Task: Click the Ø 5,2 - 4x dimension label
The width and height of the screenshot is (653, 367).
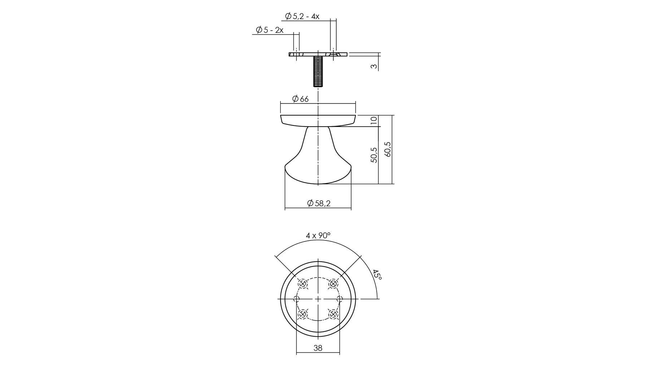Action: coord(302,16)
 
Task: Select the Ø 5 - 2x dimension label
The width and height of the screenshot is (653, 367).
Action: coord(269,30)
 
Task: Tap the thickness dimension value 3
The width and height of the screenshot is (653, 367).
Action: coord(374,66)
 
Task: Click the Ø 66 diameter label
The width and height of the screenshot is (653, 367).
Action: coord(300,99)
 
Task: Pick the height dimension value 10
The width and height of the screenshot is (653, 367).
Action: coord(374,120)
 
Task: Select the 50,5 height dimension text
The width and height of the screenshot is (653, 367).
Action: coord(374,155)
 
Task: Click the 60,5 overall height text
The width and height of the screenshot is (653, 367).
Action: coord(388,149)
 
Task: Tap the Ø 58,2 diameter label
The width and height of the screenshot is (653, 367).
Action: coord(319,203)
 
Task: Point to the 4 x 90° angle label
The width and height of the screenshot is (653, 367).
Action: coord(318,235)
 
